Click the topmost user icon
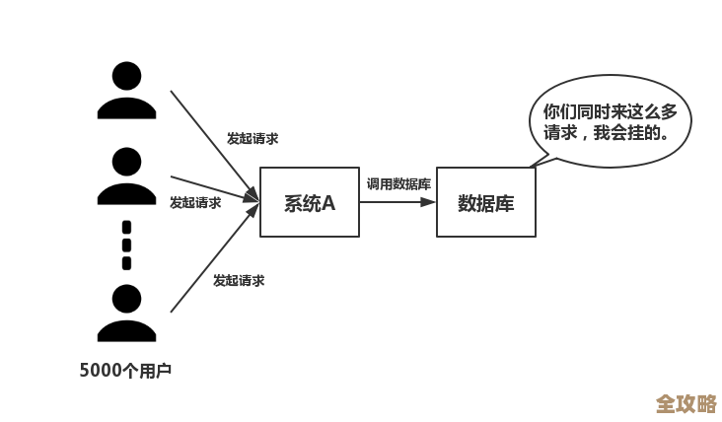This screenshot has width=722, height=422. [x=126, y=91]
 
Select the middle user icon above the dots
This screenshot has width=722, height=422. [x=126, y=176]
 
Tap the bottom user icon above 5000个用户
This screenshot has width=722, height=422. [x=126, y=313]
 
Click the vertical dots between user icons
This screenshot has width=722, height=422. [x=126, y=245]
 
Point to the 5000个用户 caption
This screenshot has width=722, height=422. [x=125, y=371]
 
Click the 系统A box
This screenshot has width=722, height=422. [x=309, y=202]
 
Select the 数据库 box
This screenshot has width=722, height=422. [x=485, y=202]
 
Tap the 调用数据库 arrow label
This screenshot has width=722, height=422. [x=398, y=183]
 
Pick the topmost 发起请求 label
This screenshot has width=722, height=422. [x=253, y=139]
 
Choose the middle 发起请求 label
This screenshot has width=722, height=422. [x=195, y=203]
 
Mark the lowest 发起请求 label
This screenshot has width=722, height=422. [x=239, y=281]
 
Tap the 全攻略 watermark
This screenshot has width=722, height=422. [x=686, y=403]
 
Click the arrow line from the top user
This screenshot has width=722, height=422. [x=212, y=144]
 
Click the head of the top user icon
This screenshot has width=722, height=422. [x=126, y=75]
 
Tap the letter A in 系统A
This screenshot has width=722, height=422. [x=328, y=203]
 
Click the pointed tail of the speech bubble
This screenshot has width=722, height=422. [x=538, y=160]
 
